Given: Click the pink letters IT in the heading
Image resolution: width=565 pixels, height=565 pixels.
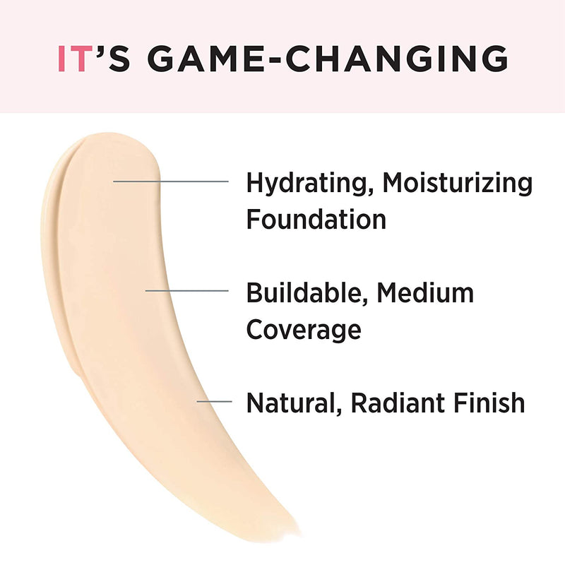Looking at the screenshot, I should [x=73, y=59].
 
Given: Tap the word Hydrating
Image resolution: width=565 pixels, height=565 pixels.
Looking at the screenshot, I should [x=308, y=183].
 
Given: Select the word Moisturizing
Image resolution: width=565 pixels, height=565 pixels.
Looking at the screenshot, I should [x=458, y=183].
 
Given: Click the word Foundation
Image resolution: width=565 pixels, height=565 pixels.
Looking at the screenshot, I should [x=316, y=219].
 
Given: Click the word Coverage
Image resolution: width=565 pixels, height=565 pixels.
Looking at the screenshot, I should [x=304, y=329].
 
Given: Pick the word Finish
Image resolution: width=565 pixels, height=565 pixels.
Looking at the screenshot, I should [x=490, y=403].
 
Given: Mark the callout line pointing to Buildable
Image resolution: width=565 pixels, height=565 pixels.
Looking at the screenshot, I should [x=186, y=290].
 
